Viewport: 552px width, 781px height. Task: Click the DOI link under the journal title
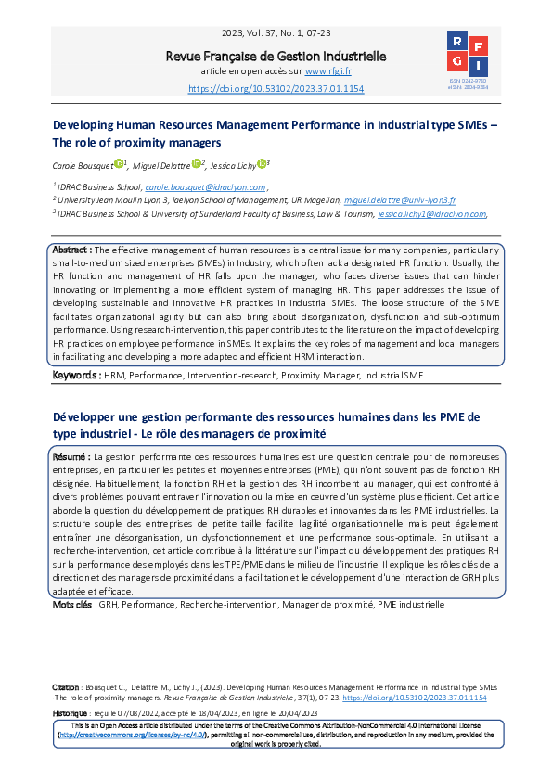pos(276,88)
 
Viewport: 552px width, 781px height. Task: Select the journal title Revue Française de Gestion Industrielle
pos(276,57)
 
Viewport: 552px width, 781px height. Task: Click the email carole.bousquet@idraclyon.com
pos(218,186)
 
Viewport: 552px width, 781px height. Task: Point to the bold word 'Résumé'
pos(69,457)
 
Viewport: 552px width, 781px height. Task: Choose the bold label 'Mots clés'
pos(71,605)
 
